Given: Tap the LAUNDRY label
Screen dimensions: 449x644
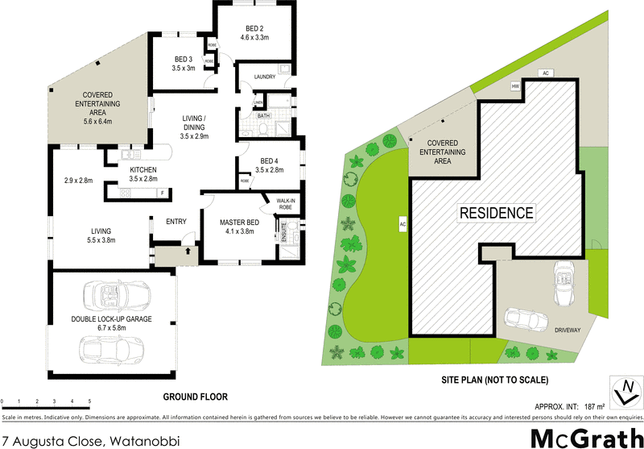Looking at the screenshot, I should pos(265,77).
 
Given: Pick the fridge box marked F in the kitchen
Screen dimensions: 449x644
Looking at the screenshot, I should pos(163,193).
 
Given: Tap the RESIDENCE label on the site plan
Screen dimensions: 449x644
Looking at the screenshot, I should pos(496,213).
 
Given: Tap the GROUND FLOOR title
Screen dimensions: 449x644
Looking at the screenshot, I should pos(196,397).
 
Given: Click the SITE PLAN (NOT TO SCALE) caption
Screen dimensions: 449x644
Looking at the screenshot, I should pos(496,379).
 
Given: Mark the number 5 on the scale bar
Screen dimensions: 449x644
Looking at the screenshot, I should pos(89,401).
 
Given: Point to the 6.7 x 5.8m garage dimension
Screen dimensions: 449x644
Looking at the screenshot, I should pos(112,328).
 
